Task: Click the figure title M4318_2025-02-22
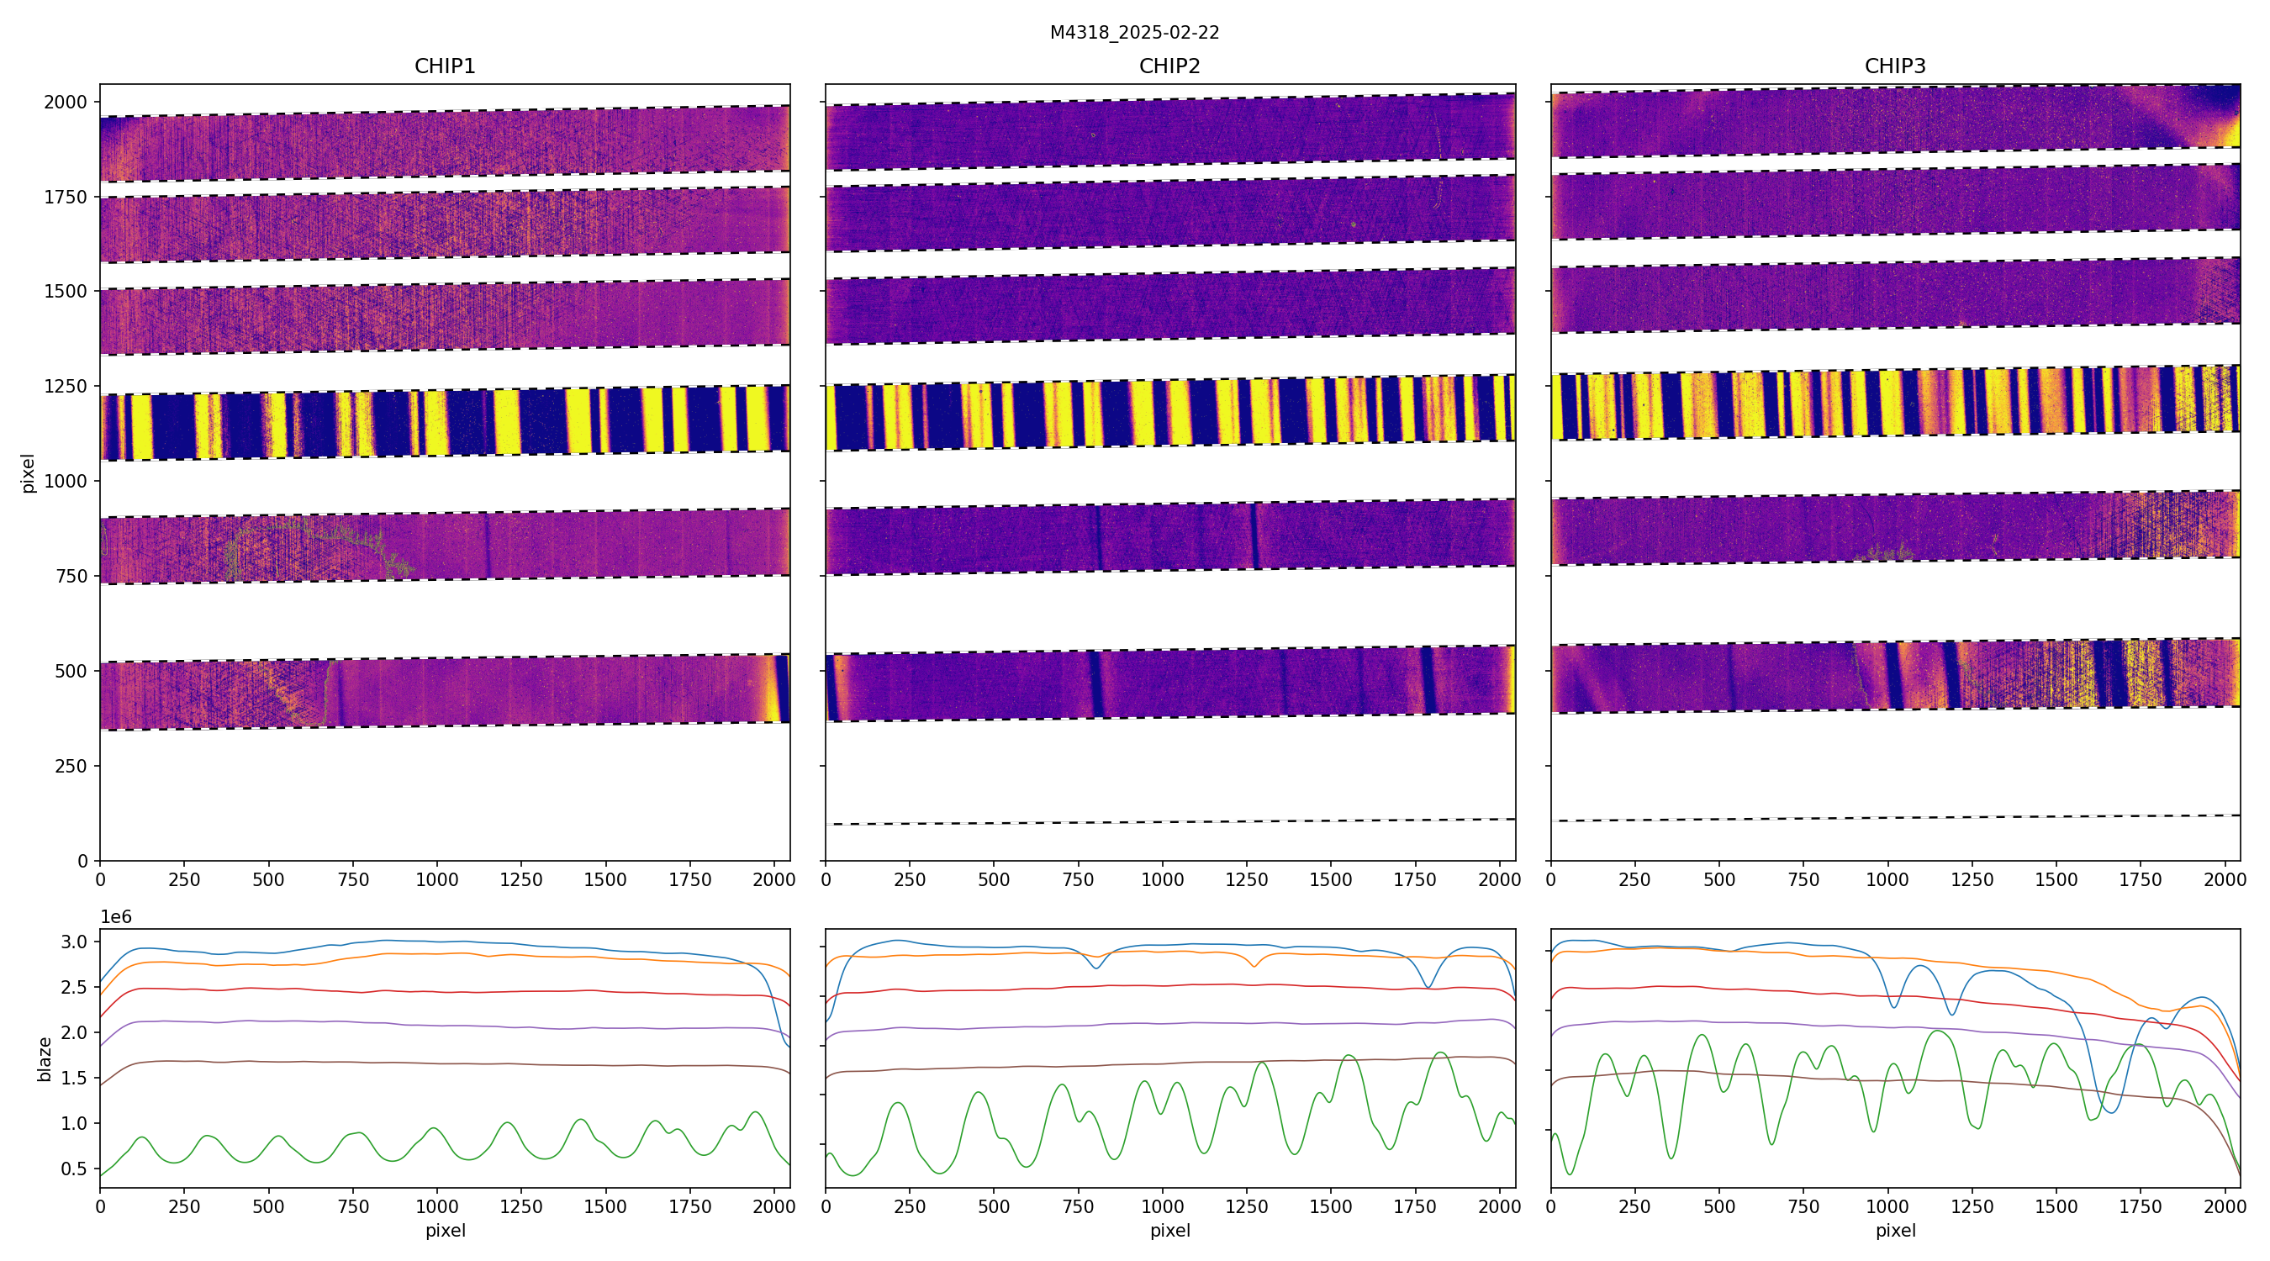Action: (x=1134, y=33)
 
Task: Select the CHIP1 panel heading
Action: (x=445, y=66)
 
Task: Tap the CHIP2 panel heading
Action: (x=1169, y=66)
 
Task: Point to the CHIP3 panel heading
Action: (x=1894, y=66)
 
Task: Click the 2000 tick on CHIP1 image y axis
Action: (x=66, y=103)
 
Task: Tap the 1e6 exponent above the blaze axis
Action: (x=116, y=917)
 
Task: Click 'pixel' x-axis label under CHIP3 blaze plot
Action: (x=1894, y=1230)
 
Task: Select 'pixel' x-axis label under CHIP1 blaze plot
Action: (x=445, y=1230)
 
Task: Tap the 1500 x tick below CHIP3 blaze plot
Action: (x=2056, y=1207)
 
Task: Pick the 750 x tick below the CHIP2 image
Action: (x=1078, y=879)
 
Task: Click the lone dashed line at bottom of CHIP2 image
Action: (x=1169, y=822)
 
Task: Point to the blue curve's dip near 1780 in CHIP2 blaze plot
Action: (x=1428, y=987)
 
